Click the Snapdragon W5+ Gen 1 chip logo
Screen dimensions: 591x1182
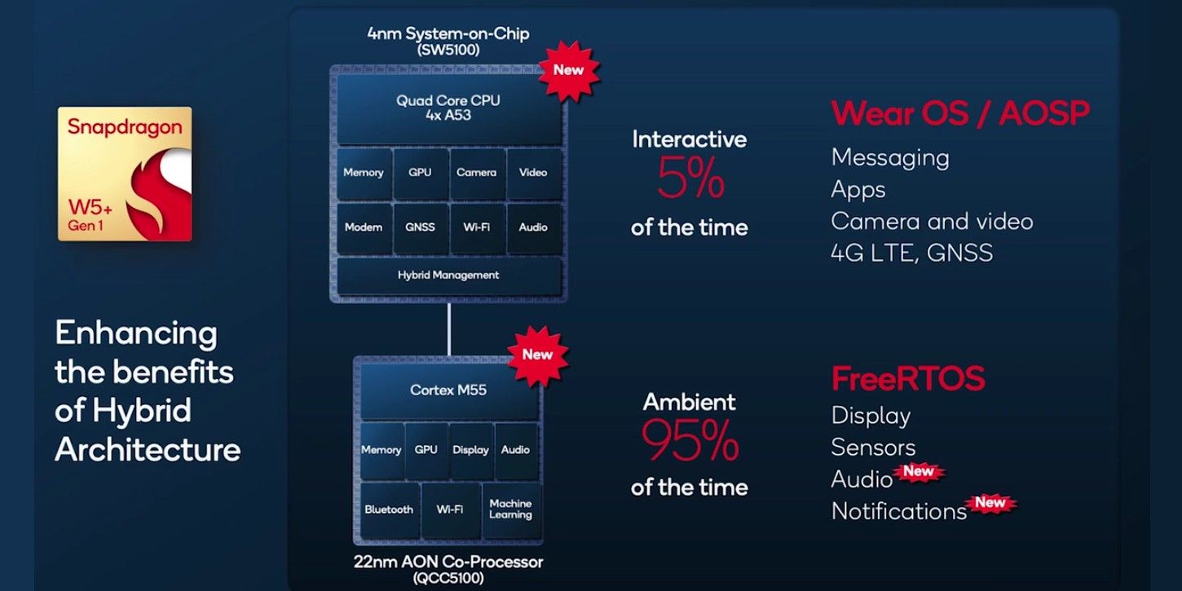[125, 174]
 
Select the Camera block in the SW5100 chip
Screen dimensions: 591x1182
[476, 173]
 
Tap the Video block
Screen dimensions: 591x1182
[533, 173]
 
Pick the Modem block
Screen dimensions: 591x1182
[364, 227]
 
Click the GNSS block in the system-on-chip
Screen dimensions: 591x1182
[420, 227]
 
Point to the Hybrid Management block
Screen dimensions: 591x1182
[448, 276]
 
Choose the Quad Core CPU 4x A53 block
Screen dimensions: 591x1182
[448, 108]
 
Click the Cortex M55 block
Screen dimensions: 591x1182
[448, 390]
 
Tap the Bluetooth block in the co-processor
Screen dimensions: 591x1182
[389, 509]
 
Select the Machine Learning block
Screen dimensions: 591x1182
[510, 509]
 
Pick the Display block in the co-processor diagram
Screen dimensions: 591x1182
[470, 450]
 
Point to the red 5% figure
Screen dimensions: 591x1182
[690, 182]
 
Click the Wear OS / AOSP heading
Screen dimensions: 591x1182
[959, 114]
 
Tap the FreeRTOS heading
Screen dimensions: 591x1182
[907, 379]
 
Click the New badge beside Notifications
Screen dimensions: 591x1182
[990, 503]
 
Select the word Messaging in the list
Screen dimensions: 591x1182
[890, 157]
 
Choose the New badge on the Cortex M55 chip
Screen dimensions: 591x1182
[537, 354]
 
